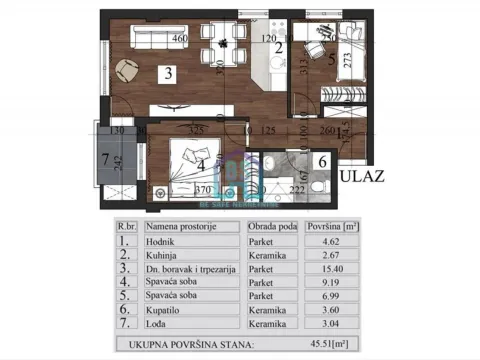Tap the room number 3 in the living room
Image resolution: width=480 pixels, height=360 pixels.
[170, 72]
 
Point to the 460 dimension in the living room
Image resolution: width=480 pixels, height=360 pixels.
[180, 41]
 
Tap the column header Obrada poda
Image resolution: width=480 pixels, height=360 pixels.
[272, 227]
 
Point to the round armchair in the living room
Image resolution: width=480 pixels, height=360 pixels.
[128, 70]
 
